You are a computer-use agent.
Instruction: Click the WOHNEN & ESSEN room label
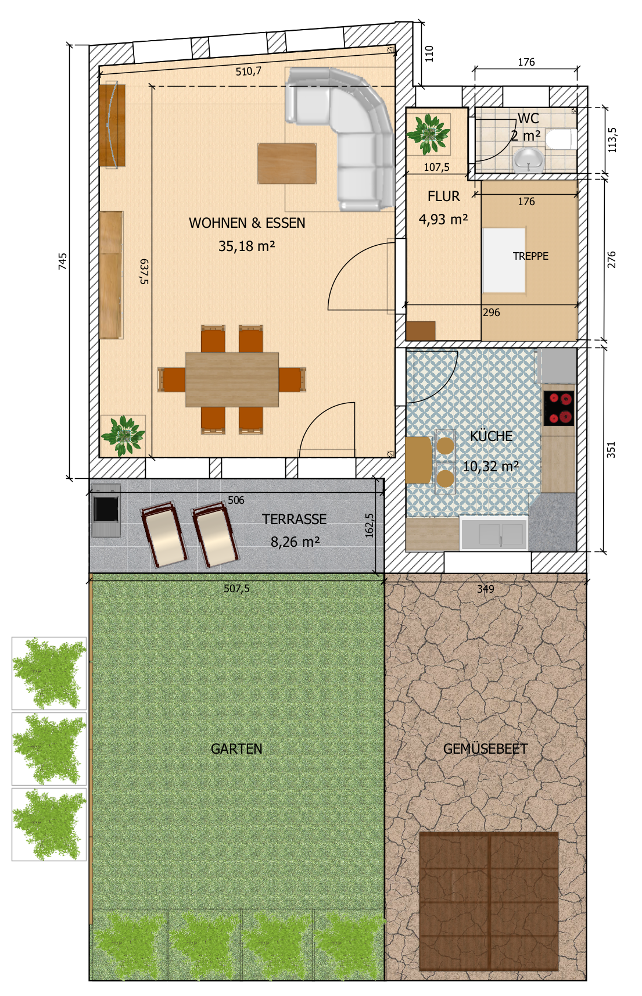pos(247,223)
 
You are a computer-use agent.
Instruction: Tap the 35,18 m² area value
pos(247,246)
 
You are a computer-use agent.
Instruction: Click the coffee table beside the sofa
pos(287,163)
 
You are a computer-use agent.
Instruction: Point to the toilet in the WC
pos(562,139)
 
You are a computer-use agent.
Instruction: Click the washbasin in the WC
pos(528,160)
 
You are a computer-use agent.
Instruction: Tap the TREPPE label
pos(530,256)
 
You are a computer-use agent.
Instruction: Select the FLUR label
pos(444,196)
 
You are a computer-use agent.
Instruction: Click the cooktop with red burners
pos(559,409)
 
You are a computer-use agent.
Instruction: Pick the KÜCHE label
pos(492,436)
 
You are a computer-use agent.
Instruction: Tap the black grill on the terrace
pos(106,510)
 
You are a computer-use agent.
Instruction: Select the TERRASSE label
pos(295,520)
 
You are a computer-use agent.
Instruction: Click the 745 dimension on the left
pos(63,261)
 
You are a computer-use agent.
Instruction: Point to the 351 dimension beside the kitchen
pos(611,450)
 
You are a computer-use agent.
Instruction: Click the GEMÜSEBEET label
pos(485,749)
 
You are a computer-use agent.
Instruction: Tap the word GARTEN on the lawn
pos(236,749)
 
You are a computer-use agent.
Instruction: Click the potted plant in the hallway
pos(428,134)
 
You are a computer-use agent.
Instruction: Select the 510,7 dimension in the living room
pos(249,71)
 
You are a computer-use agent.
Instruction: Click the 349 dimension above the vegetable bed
pos(486,589)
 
